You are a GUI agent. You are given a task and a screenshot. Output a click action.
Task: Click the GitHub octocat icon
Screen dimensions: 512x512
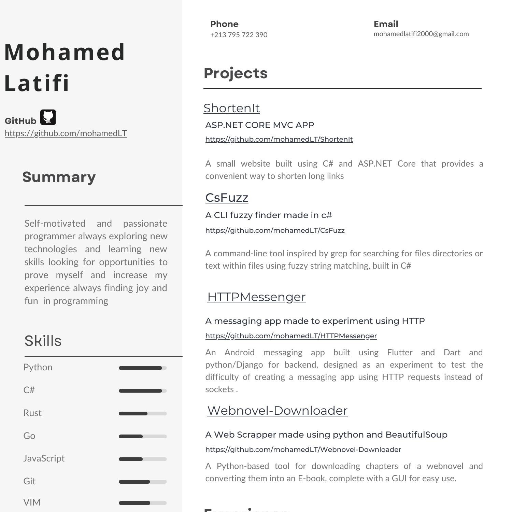click(x=48, y=117)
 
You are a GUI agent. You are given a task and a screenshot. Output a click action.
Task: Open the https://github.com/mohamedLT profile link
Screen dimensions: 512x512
click(x=66, y=133)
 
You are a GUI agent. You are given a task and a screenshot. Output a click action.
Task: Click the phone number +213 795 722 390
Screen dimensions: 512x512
click(x=239, y=35)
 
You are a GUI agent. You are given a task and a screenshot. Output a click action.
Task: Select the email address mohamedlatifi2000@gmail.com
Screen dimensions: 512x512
click(x=421, y=34)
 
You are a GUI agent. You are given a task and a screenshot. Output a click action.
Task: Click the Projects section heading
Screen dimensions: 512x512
click(x=236, y=73)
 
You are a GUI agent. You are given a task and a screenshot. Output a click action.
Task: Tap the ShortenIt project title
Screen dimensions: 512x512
click(x=231, y=108)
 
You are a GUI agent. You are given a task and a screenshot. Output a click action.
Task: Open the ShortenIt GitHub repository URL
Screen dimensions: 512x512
click(x=279, y=139)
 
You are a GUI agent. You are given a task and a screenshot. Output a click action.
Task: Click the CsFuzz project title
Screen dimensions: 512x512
click(x=227, y=198)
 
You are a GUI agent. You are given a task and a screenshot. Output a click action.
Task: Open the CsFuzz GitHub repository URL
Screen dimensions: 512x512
click(x=275, y=230)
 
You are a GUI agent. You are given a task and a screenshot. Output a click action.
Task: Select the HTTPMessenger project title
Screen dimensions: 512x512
click(x=256, y=297)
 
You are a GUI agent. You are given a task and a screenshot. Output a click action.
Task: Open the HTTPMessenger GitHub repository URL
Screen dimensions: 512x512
click(x=291, y=336)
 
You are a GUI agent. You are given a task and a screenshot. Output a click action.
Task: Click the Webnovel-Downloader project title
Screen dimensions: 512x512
click(x=277, y=411)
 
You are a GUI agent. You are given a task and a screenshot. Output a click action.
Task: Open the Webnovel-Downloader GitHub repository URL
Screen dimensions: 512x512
click(x=303, y=450)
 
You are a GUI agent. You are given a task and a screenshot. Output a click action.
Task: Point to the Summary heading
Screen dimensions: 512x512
click(x=59, y=177)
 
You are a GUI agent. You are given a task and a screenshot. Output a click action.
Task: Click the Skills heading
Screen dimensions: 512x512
click(x=43, y=341)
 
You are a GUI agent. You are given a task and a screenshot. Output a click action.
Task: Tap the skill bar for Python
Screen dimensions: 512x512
click(x=142, y=368)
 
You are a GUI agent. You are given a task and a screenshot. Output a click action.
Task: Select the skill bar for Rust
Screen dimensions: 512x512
click(x=142, y=414)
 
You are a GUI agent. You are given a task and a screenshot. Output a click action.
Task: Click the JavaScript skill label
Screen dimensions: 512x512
click(x=44, y=458)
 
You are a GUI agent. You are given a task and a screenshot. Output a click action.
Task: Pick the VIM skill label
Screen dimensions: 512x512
click(x=32, y=502)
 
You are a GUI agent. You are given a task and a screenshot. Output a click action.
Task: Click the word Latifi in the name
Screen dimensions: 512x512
click(x=37, y=83)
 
